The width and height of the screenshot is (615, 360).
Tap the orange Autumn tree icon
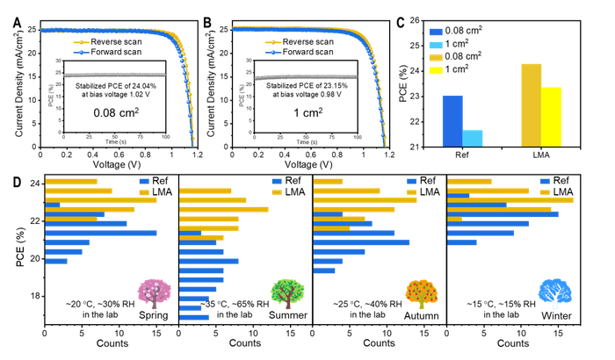coord(419,291)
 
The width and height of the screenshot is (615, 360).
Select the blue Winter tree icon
coord(553,291)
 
